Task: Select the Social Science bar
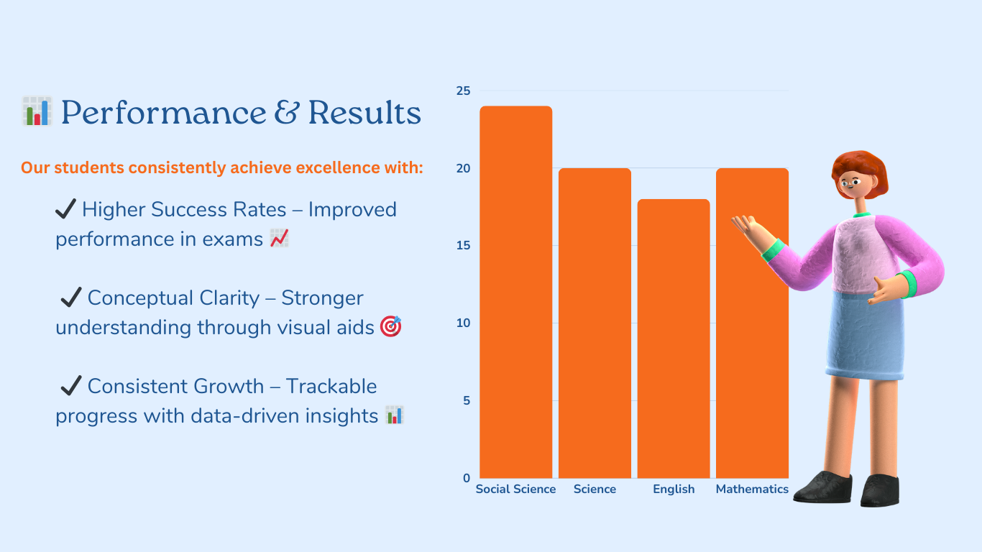click(x=516, y=292)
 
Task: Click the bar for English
click(x=674, y=339)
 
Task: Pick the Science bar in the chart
click(x=595, y=323)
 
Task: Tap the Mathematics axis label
click(x=752, y=489)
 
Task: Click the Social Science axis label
click(x=515, y=489)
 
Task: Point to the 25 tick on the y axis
click(x=463, y=91)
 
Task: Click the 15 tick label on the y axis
click(x=463, y=246)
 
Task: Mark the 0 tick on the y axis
click(x=467, y=479)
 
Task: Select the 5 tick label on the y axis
click(x=467, y=401)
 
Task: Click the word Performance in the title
click(x=163, y=113)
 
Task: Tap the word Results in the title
click(x=364, y=113)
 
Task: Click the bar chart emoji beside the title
click(x=37, y=111)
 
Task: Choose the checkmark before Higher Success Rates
click(x=65, y=208)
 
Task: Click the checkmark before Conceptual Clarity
click(x=71, y=298)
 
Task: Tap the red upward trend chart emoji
click(x=279, y=238)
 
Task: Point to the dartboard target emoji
click(x=390, y=326)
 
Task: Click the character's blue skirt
click(x=865, y=336)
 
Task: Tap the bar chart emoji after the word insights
click(x=395, y=415)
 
